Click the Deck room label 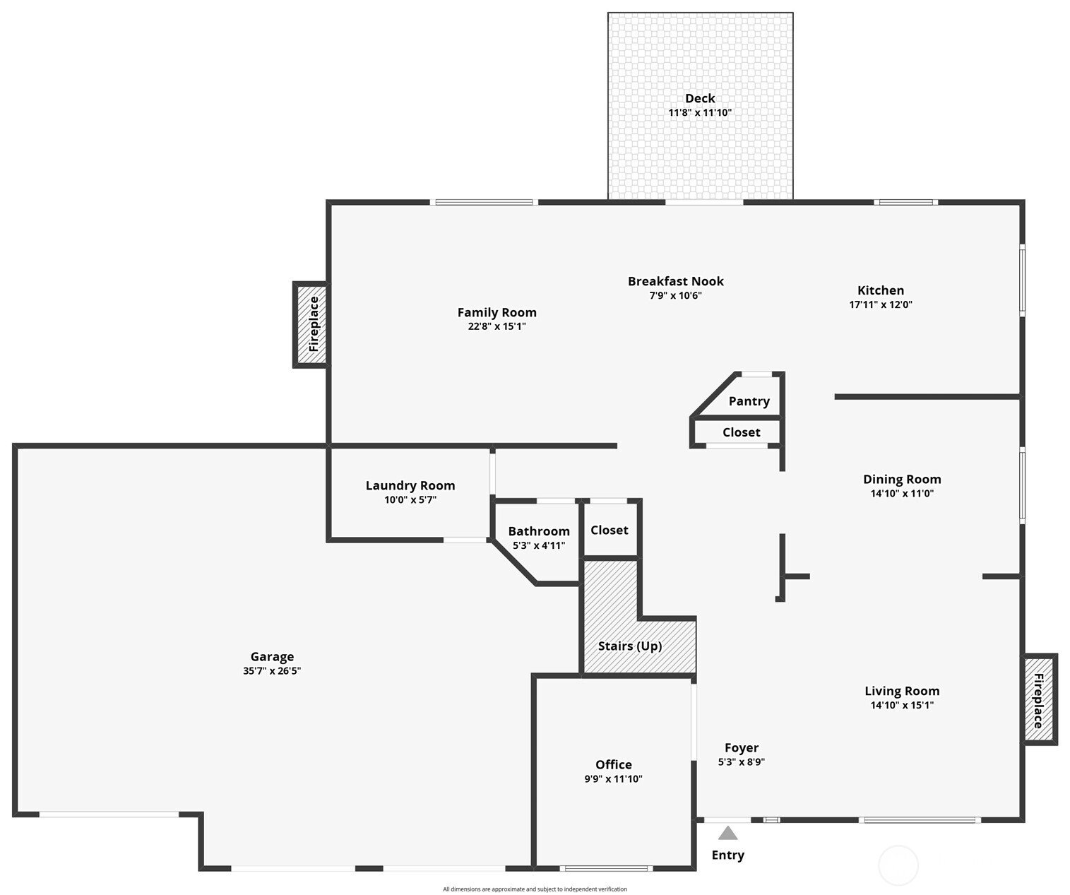click(x=699, y=98)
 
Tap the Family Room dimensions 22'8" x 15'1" click(x=497, y=326)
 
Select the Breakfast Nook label click(x=675, y=281)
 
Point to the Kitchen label click(x=880, y=290)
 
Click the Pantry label click(x=749, y=401)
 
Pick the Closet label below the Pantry click(x=741, y=432)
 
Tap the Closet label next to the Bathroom click(x=609, y=530)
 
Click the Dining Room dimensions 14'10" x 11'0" click(x=901, y=494)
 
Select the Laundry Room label click(x=410, y=485)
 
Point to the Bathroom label click(x=538, y=531)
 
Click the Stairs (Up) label click(x=629, y=646)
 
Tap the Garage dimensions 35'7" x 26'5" click(x=272, y=671)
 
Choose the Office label click(x=613, y=764)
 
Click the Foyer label click(x=741, y=747)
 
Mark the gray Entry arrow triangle click(x=727, y=834)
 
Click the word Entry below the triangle click(x=727, y=855)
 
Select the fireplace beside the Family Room click(x=311, y=325)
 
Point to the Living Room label click(x=901, y=691)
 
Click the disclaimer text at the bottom click(x=535, y=889)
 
